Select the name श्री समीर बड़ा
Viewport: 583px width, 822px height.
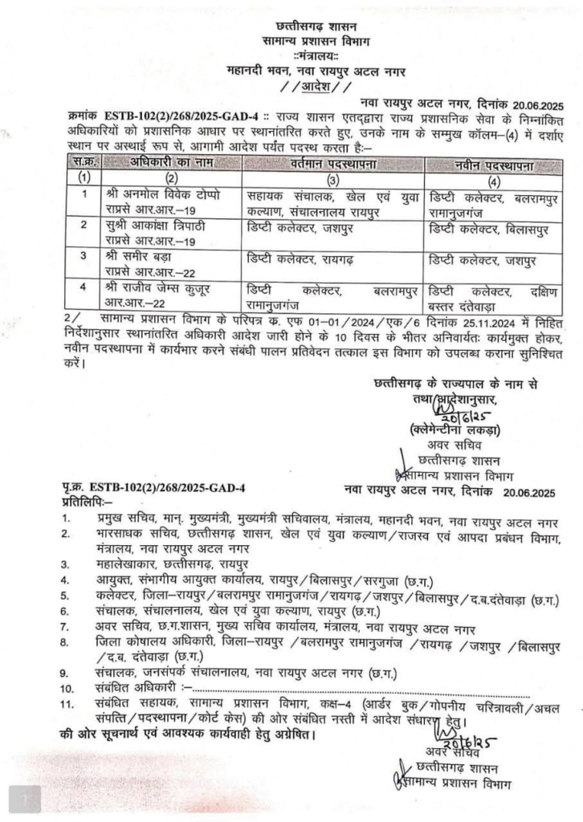tap(141, 256)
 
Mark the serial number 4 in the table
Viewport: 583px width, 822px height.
tap(84, 287)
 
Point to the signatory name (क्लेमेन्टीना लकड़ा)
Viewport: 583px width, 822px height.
tap(455, 429)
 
